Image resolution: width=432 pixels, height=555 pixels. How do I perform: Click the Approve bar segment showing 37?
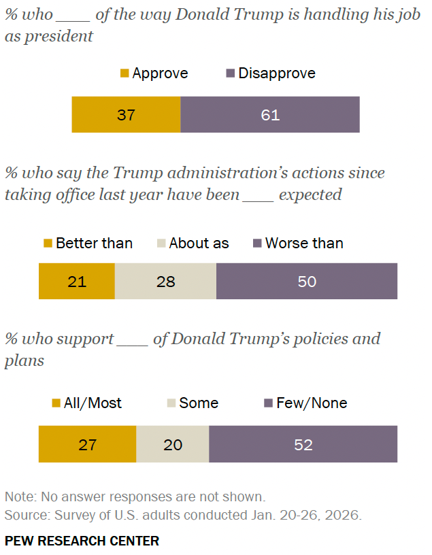click(126, 114)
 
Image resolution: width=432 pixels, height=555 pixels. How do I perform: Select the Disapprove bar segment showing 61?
click(270, 114)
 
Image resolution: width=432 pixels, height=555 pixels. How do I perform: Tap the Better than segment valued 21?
click(77, 281)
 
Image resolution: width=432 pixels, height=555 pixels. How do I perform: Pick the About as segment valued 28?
click(165, 281)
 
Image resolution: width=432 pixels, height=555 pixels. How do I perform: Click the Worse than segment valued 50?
click(307, 281)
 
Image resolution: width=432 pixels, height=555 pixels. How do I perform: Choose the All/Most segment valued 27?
click(87, 445)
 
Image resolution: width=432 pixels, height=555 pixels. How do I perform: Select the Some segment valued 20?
click(173, 445)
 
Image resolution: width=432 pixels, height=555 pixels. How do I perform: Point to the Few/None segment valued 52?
click(303, 445)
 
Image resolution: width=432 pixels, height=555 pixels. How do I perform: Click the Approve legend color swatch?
click(124, 73)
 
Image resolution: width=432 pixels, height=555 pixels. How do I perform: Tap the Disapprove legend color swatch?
click(230, 73)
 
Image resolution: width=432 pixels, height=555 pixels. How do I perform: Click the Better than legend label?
click(94, 243)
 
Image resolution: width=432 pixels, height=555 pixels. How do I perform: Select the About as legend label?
click(199, 243)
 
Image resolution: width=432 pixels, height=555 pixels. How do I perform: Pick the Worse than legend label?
click(304, 243)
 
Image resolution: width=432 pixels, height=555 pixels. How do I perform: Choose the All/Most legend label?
click(93, 403)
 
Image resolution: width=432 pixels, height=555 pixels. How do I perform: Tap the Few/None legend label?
click(312, 403)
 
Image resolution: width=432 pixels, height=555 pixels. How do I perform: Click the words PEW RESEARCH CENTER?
click(82, 541)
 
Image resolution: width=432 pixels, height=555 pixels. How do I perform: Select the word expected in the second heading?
click(310, 195)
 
